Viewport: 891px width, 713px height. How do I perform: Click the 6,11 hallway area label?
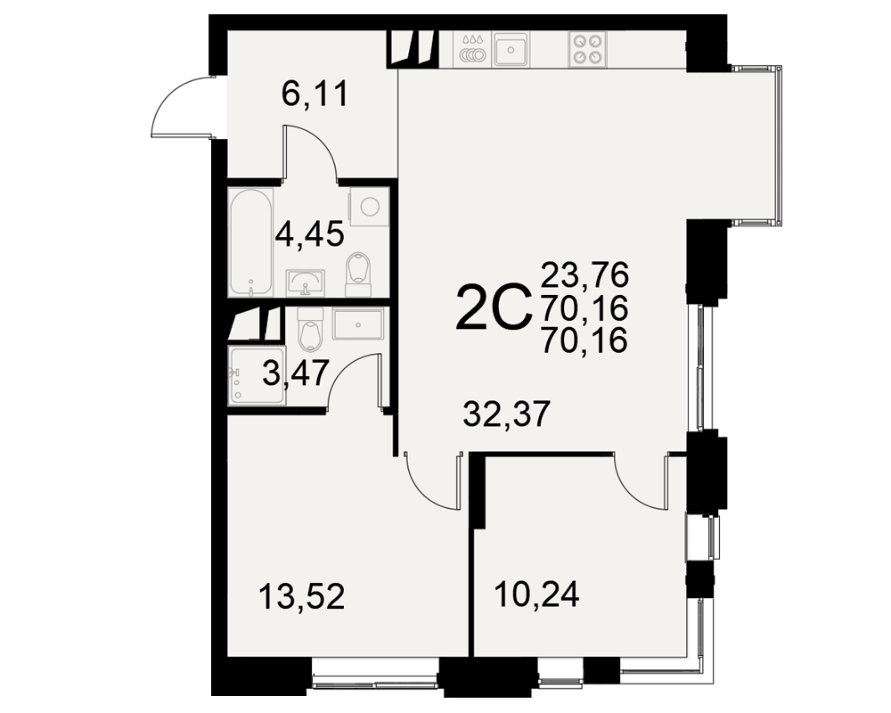pyautogui.click(x=315, y=94)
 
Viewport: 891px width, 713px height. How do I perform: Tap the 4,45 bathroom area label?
pyautogui.click(x=310, y=234)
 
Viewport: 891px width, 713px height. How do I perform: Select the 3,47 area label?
pyautogui.click(x=296, y=373)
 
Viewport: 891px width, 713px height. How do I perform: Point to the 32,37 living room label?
pyautogui.click(x=506, y=414)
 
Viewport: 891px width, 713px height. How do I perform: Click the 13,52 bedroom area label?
pyautogui.click(x=302, y=597)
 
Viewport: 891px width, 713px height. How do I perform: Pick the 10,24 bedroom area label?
pyautogui.click(x=537, y=594)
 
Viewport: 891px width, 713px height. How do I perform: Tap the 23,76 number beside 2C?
pyautogui.click(x=584, y=275)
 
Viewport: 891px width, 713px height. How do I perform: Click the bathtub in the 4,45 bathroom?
pyautogui.click(x=250, y=242)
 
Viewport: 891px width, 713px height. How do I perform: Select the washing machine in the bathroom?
pyautogui.click(x=370, y=206)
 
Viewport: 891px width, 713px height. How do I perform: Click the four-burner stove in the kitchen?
pyautogui.click(x=587, y=48)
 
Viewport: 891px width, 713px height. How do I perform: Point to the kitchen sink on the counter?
pyautogui.click(x=511, y=49)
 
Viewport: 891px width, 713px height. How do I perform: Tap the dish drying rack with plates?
pyautogui.click(x=473, y=50)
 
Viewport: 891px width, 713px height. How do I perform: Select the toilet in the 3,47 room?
pyautogui.click(x=310, y=330)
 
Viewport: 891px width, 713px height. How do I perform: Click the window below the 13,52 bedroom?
pyautogui.click(x=375, y=677)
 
